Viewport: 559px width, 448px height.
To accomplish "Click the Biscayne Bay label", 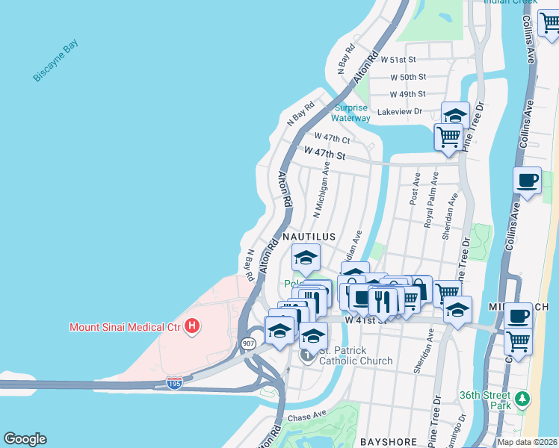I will coord(55,60).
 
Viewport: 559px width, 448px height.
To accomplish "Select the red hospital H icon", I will coord(193,326).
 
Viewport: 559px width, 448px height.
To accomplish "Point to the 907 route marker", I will coord(248,343).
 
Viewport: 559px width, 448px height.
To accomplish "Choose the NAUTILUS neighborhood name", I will coord(309,236).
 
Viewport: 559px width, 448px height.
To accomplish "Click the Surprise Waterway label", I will coord(350,113).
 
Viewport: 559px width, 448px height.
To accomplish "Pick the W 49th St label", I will coord(408,94).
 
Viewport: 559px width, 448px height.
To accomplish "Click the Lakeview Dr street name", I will coord(400,111).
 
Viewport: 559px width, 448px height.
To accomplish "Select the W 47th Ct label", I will coord(333,138).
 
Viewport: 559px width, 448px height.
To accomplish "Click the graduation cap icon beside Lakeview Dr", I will coord(455,116).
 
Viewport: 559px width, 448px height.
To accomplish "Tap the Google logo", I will coord(25,439).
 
